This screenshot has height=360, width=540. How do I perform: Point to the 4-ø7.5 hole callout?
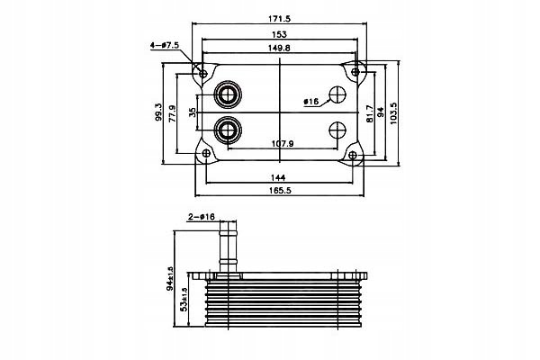click(168, 43)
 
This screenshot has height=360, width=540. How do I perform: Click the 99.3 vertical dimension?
click(158, 113)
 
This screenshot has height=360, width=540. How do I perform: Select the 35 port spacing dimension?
click(192, 112)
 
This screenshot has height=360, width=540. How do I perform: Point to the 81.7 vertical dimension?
click(368, 112)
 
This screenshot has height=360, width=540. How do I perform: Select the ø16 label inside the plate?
click(310, 103)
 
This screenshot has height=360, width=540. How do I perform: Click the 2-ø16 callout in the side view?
click(201, 216)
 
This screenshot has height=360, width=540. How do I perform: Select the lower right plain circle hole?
click(339, 130)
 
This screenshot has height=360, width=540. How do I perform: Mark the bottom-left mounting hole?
click(205, 154)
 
